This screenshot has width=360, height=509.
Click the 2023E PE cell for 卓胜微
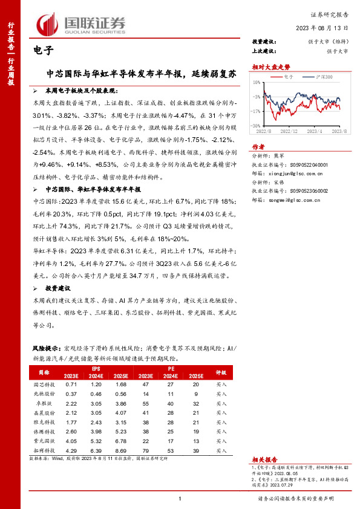point(145,403)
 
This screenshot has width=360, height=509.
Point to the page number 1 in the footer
point(180,499)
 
